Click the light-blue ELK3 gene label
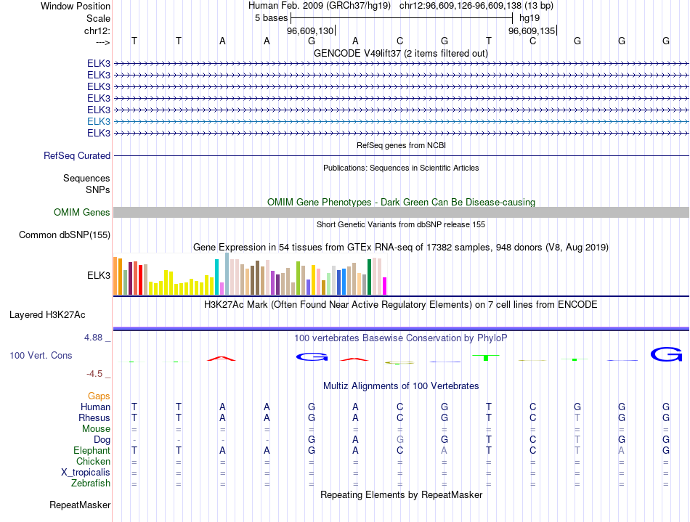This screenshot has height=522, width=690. (99, 121)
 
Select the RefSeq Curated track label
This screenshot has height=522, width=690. (77, 155)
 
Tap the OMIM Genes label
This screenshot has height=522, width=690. (82, 212)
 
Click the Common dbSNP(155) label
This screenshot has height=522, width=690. (65, 235)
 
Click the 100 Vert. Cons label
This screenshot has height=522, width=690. (41, 356)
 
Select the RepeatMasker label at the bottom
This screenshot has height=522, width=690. (80, 505)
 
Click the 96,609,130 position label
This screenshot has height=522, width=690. (310, 30)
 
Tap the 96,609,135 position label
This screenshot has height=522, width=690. (532, 30)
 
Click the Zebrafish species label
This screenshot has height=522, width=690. (91, 483)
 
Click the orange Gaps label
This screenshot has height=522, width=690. (99, 396)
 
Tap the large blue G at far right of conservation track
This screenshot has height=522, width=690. (666, 354)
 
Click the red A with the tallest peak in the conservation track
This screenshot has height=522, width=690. (222, 358)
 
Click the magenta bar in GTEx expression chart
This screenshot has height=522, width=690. (385, 286)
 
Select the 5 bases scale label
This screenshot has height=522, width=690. (271, 17)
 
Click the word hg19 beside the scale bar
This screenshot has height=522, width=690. (529, 17)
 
